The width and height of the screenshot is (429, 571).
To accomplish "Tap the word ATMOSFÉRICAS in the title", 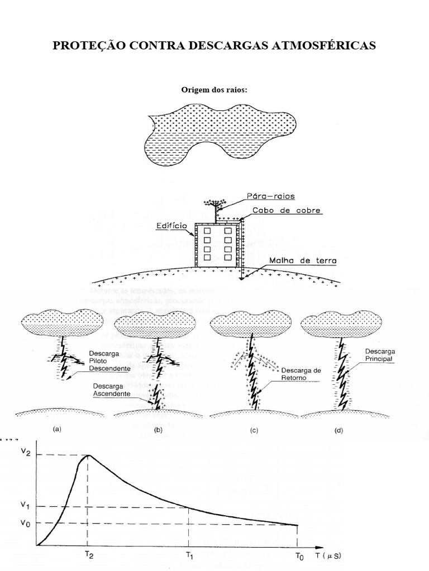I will pyautogui.click(x=323, y=46).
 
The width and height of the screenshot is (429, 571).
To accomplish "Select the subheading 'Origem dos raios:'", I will pyautogui.click(x=214, y=89).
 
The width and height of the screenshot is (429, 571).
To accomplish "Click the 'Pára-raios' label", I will pyautogui.click(x=270, y=196).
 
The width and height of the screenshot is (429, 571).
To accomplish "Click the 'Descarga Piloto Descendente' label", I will pyautogui.click(x=109, y=361).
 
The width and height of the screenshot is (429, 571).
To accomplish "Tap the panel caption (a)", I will pyautogui.click(x=56, y=430).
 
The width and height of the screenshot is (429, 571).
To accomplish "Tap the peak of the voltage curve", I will pyautogui.click(x=89, y=455).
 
